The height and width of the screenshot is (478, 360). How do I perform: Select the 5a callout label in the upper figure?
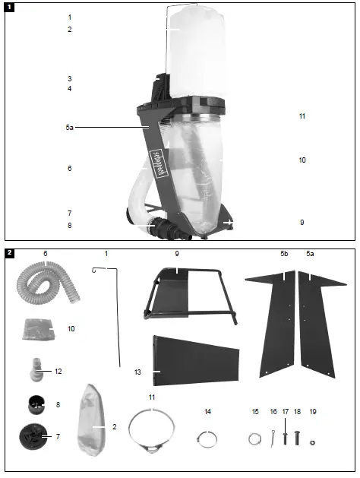click(70, 128)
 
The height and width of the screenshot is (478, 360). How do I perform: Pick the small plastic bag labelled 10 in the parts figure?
click(38, 330)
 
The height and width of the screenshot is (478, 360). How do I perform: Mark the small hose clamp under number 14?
click(207, 438)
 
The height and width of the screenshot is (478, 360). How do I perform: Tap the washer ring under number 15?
click(253, 438)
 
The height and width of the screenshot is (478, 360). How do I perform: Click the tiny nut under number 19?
click(312, 442)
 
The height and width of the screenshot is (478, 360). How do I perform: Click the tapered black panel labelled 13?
click(194, 360)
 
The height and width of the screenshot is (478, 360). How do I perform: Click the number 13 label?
click(137, 372)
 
